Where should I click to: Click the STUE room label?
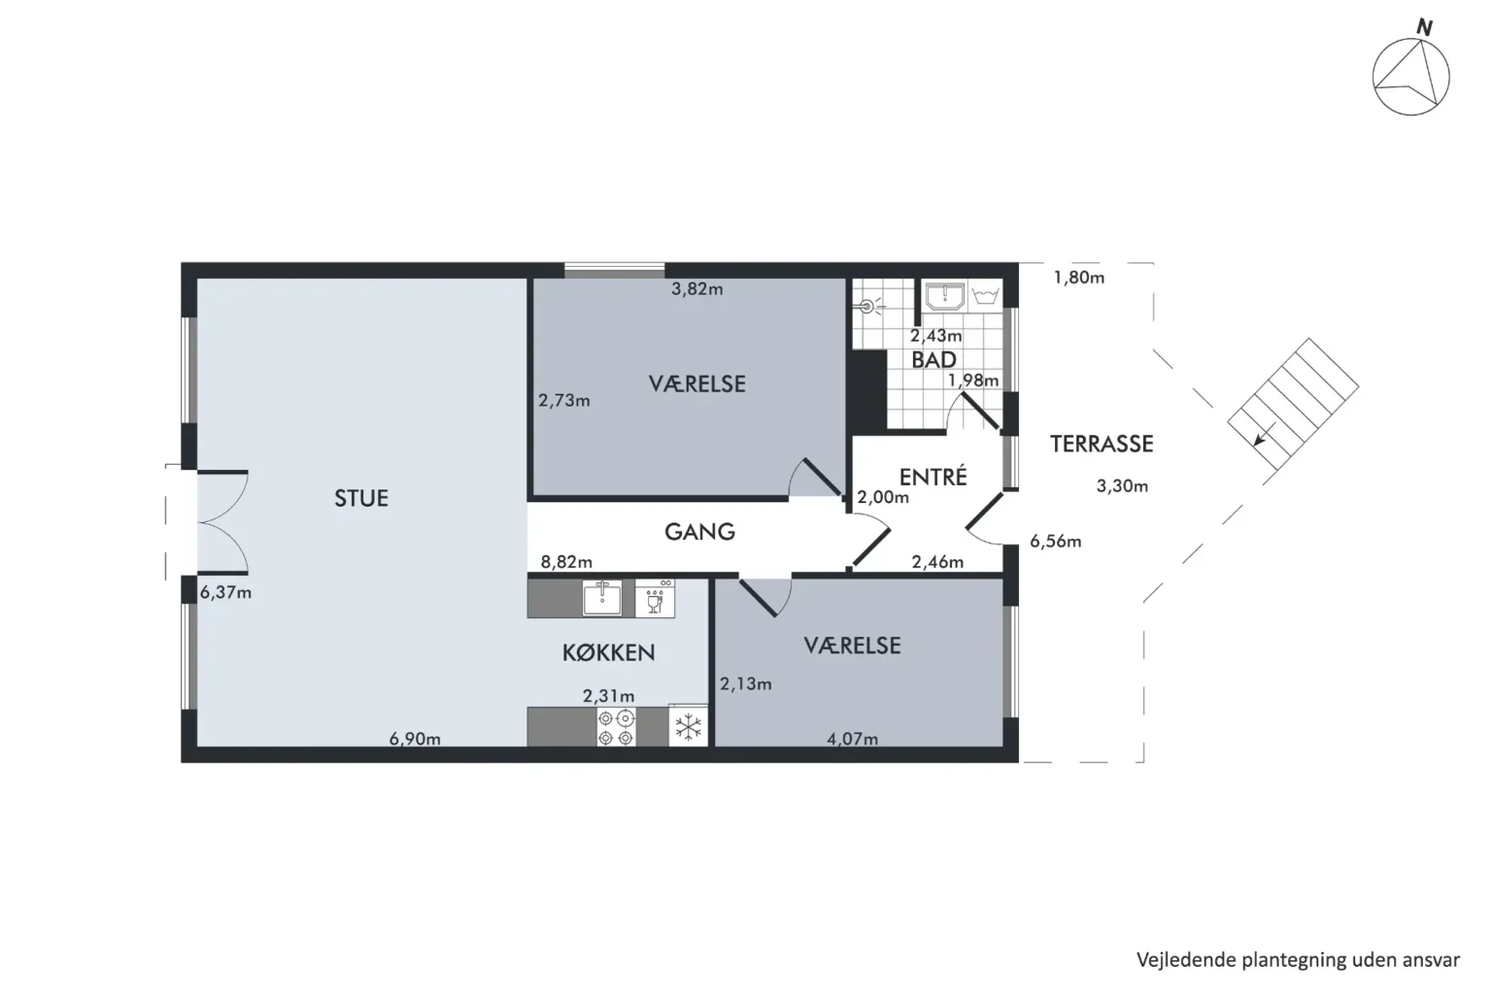[361, 498]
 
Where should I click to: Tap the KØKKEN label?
[609, 653]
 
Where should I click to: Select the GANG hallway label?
[699, 531]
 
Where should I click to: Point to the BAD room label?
[933, 359]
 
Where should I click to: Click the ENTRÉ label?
[932, 476]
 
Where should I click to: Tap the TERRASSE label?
[1102, 444]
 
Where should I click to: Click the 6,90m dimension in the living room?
[415, 739]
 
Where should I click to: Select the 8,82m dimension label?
[566, 562]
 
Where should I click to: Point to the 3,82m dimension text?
[696, 289]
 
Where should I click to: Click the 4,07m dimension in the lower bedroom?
[853, 739]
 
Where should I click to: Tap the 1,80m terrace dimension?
[1079, 278]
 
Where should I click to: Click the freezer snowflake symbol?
[688, 727]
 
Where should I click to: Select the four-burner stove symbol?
[616, 727]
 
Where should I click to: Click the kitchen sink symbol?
[602, 597]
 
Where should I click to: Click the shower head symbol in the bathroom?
[868, 307]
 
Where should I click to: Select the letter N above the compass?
[1424, 28]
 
